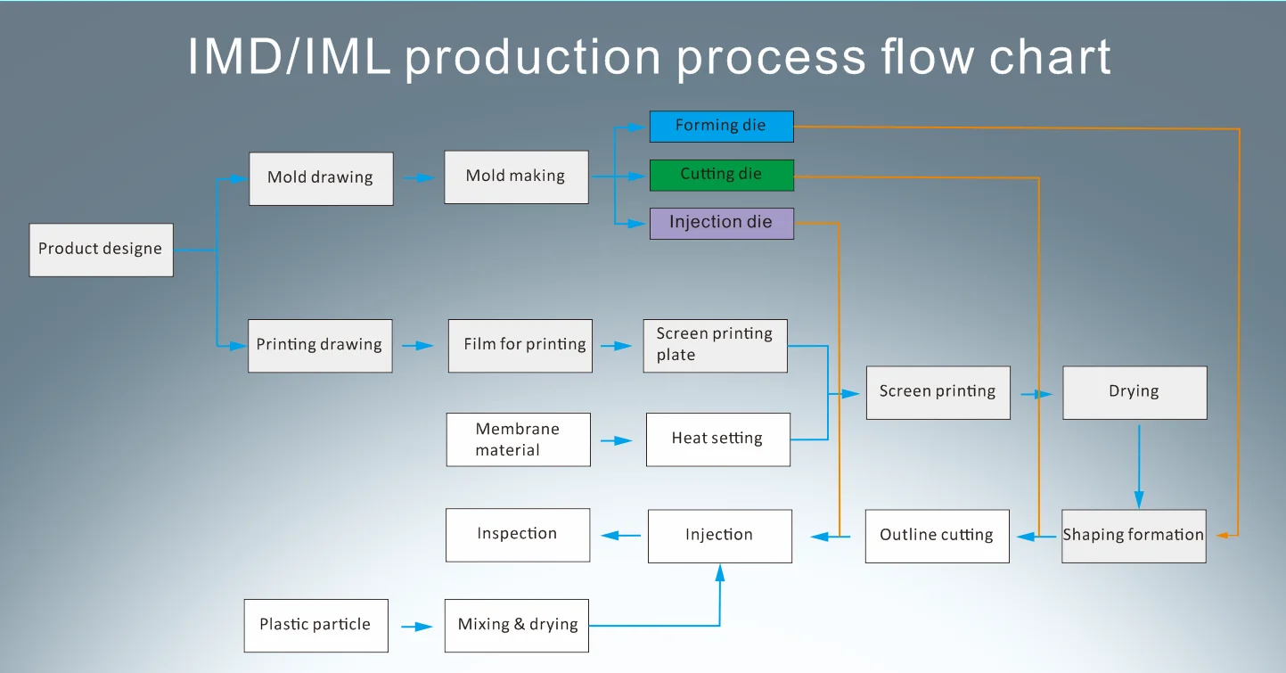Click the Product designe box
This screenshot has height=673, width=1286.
click(101, 250)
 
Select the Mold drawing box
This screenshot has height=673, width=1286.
click(321, 178)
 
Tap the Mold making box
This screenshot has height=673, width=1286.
click(516, 176)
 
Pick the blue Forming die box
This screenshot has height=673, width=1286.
click(720, 127)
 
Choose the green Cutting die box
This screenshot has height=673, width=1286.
click(720, 175)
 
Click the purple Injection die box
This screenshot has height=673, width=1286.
click(720, 223)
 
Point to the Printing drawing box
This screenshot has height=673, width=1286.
click(319, 345)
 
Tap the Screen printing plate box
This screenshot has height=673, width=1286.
click(715, 345)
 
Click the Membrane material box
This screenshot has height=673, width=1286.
click(518, 439)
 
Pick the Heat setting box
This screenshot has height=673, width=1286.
click(717, 439)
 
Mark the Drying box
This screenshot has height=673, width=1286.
click(1134, 392)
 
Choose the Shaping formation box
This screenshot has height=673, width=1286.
click(1133, 536)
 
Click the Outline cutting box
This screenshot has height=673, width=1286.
click(937, 536)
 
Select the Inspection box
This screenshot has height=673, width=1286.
click(517, 535)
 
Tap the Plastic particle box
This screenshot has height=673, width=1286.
click(315, 625)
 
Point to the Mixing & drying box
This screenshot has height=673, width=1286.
click(517, 625)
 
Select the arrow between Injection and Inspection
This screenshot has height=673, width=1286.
click(621, 535)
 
